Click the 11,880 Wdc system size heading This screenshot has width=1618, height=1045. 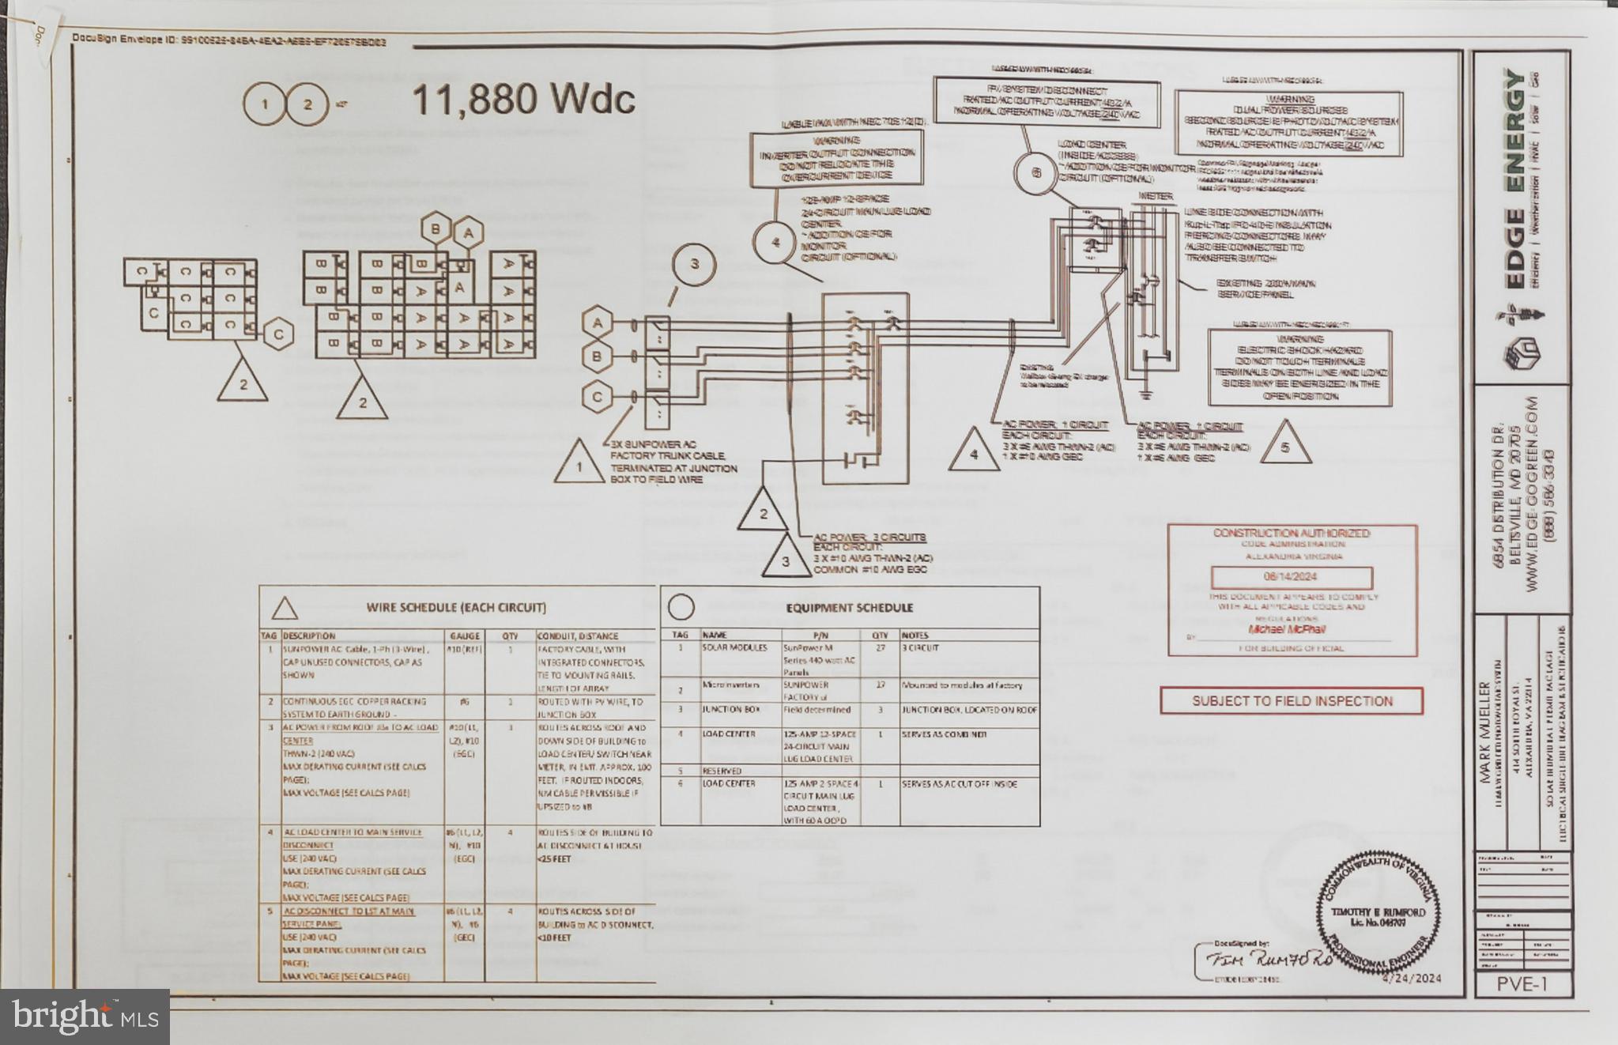pyautogui.click(x=523, y=100)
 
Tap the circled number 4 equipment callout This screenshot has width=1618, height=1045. pyautogui.click(x=776, y=242)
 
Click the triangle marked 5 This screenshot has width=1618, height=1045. pyautogui.click(x=1284, y=447)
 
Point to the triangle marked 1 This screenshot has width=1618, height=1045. pyautogui.click(x=579, y=466)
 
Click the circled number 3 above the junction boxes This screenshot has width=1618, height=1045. pyautogui.click(x=694, y=264)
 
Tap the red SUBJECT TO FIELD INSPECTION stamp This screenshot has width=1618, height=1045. pyautogui.click(x=1292, y=701)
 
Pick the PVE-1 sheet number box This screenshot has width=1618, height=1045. pyautogui.click(x=1522, y=984)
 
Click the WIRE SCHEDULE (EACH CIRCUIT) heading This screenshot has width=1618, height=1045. pyautogui.click(x=455, y=608)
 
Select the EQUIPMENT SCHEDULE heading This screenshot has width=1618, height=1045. pyautogui.click(x=849, y=608)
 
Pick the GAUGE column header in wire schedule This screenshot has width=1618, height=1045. pyautogui.click(x=465, y=636)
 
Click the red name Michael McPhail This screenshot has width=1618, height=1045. pyautogui.click(x=1287, y=630)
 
